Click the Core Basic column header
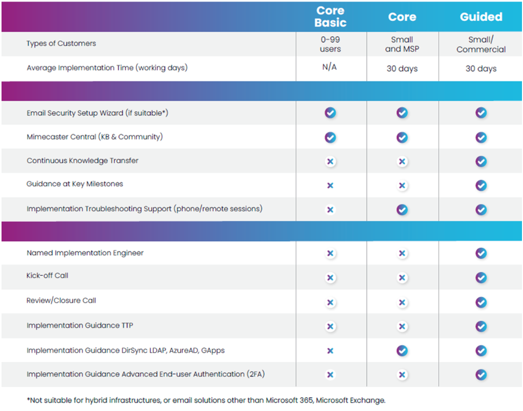330,17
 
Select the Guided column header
481,17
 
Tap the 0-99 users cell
330,44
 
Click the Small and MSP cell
402,44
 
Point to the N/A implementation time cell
330,67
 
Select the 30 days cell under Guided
481,68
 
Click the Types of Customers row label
61,44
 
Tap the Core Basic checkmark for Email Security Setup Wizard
330,113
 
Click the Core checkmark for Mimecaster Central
402,137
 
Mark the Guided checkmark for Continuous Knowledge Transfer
481,161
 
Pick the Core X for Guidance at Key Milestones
402,186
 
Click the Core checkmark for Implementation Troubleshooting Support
402,210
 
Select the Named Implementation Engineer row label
85,253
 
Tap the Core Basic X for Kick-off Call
330,278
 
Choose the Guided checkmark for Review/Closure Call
481,302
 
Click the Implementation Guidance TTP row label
80,325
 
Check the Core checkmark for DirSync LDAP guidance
402,350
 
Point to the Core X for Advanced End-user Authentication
402,375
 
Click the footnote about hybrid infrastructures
206,400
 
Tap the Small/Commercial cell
481,44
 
